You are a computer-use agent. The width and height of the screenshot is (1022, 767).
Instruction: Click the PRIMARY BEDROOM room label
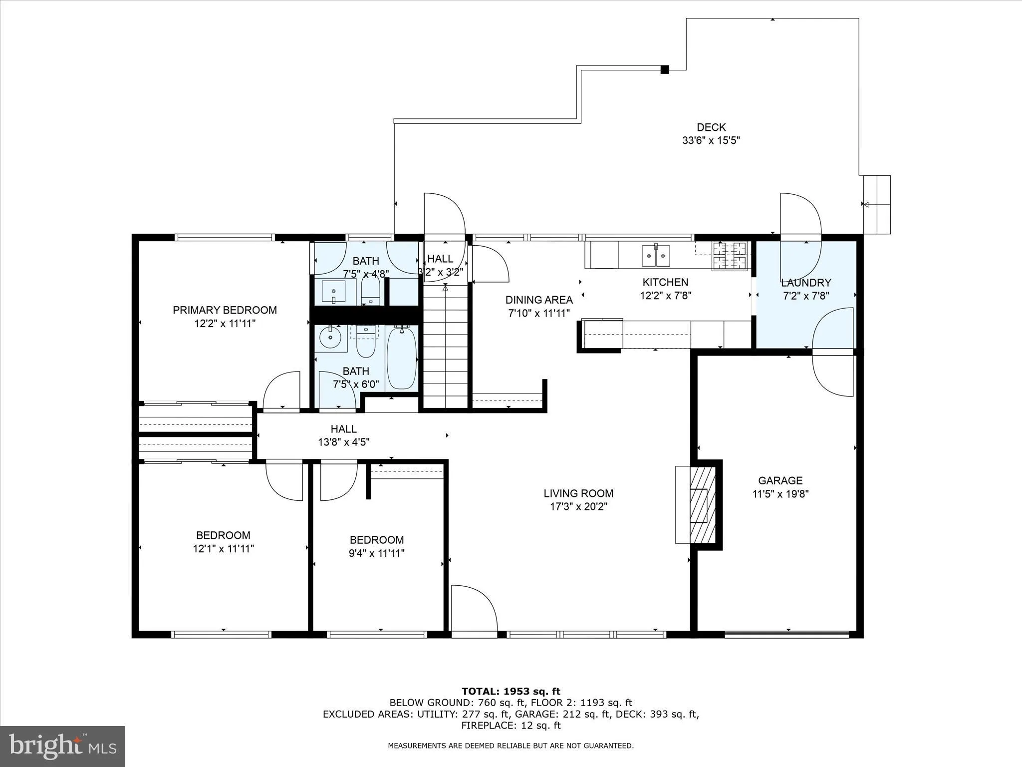coord(225,310)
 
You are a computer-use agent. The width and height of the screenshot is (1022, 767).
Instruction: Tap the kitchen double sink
coord(656,256)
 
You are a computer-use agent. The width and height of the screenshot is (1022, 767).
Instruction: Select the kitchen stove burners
coord(730,255)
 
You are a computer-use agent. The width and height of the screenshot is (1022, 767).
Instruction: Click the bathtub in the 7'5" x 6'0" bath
coord(402,357)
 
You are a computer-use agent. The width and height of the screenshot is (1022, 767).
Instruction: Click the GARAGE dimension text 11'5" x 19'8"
coord(780,494)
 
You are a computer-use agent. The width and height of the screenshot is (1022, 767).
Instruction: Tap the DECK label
coord(711,127)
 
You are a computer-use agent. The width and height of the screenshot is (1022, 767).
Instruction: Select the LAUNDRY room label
coord(806,283)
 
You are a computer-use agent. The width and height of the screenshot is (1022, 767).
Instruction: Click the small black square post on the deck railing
coord(664,70)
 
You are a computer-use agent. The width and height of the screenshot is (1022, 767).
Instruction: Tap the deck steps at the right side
coord(877,204)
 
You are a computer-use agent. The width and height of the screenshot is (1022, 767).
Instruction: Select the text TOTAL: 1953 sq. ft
coord(511,691)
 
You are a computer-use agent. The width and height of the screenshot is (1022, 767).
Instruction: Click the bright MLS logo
coord(62,746)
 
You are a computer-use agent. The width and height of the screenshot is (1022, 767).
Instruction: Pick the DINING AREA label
coord(539,300)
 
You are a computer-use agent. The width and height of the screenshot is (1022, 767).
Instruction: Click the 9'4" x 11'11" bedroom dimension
coord(376,553)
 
